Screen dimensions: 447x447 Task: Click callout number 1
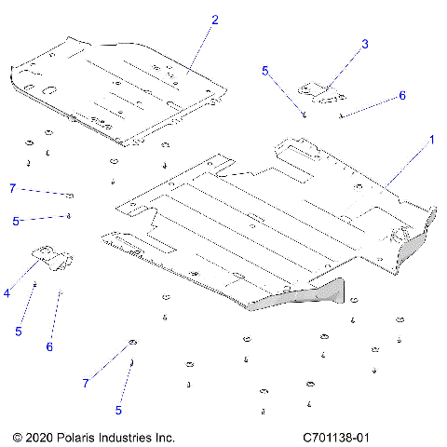(x=431, y=141)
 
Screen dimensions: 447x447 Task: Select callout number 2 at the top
(x=215, y=20)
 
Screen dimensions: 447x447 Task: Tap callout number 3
(x=365, y=44)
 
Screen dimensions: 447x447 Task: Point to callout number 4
(x=7, y=292)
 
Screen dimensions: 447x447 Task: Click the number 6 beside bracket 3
(x=401, y=96)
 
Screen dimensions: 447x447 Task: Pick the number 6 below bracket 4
(x=50, y=346)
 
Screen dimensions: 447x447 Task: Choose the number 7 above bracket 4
(x=13, y=189)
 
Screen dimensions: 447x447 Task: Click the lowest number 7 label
(x=86, y=383)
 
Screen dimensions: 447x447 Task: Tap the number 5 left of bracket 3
(x=265, y=71)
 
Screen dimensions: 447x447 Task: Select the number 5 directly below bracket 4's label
(x=17, y=331)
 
